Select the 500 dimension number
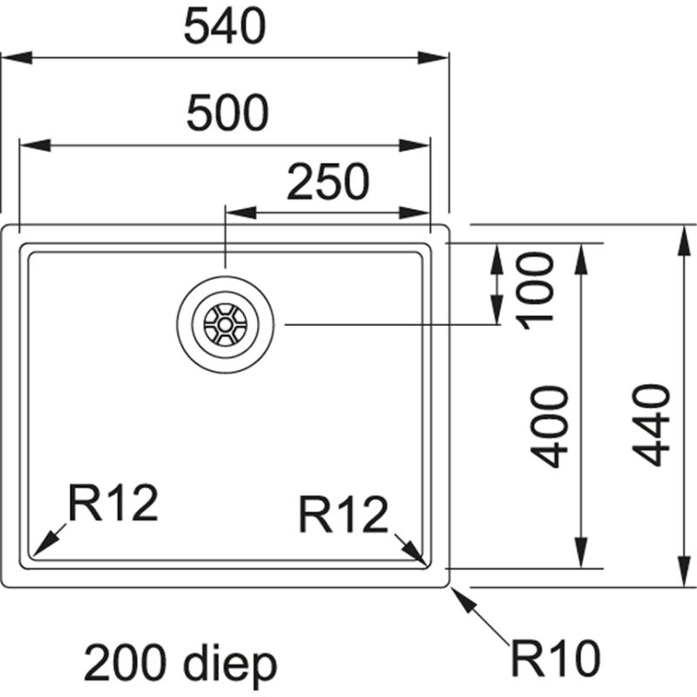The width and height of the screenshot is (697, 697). pyautogui.click(x=226, y=113)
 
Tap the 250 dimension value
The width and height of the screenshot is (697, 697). pyautogui.click(x=328, y=182)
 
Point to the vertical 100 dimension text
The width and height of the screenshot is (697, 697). pyautogui.click(x=538, y=287)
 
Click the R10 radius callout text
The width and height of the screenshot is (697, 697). pyautogui.click(x=556, y=659)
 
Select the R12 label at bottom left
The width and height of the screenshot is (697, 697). pyautogui.click(x=113, y=504)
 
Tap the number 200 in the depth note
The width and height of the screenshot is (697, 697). pyautogui.click(x=127, y=665)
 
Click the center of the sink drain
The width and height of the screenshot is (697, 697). pyautogui.click(x=225, y=325)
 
